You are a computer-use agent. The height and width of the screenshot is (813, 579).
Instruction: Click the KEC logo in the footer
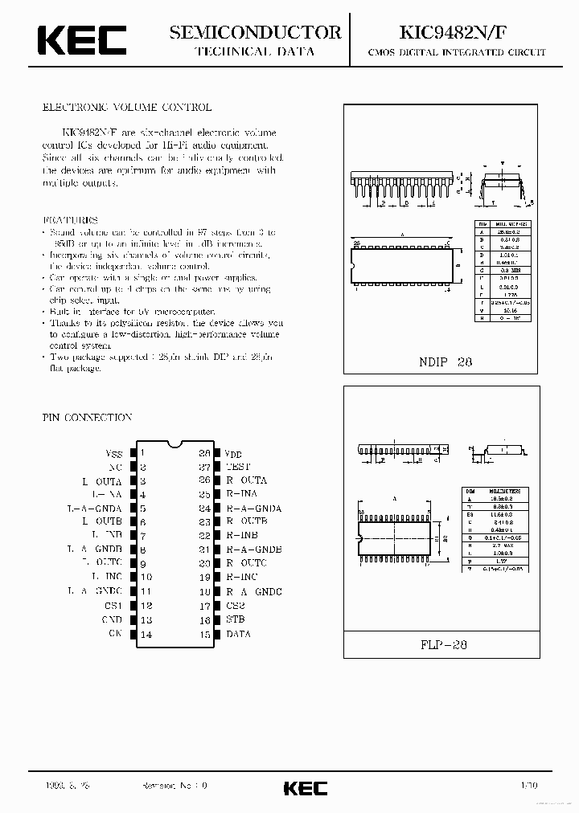coord(306,788)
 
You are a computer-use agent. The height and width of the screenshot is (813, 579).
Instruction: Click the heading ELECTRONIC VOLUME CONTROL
coord(127,107)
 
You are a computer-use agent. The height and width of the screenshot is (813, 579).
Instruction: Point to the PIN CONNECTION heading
coord(87,418)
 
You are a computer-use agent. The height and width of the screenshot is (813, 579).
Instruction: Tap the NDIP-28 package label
coord(445,362)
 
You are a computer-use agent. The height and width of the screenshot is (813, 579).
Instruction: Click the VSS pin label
coord(113,452)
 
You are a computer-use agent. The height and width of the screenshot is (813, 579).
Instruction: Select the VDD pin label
coord(232,452)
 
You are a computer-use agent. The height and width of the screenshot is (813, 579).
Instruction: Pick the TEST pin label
coord(238,466)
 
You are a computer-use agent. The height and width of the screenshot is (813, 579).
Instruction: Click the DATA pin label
coord(238,634)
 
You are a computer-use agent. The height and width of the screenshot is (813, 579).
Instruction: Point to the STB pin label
coord(235,619)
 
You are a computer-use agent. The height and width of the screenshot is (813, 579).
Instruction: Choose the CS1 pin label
coord(113,605)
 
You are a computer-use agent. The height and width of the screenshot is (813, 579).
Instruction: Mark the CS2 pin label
coord(235,605)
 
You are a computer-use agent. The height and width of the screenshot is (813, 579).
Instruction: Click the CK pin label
coord(115,634)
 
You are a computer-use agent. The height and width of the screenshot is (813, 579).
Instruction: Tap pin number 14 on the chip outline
coord(146,634)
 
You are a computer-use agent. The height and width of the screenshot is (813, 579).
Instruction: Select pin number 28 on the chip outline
coord(205,452)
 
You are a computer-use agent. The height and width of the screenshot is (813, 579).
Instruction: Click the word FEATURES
coord(70,219)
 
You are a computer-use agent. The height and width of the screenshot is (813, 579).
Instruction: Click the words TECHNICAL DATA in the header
coord(255,51)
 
